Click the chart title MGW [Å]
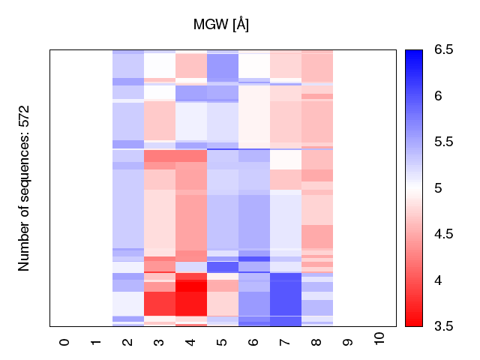pyautogui.click(x=221, y=25)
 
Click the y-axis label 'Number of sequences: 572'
pyautogui.click(x=24, y=187)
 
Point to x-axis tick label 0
pyautogui.click(x=64, y=342)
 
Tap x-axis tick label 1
pyautogui.click(x=96, y=342)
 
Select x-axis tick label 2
pyautogui.click(x=127, y=342)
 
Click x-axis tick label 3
pyautogui.click(x=159, y=342)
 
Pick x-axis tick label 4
pyautogui.click(x=190, y=342)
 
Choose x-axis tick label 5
pyautogui.click(x=222, y=342)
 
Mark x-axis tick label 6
pyautogui.click(x=253, y=342)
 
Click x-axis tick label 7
pyautogui.click(x=285, y=342)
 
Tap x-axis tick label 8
pyautogui.click(x=316, y=342)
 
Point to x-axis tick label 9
pyautogui.click(x=348, y=342)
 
